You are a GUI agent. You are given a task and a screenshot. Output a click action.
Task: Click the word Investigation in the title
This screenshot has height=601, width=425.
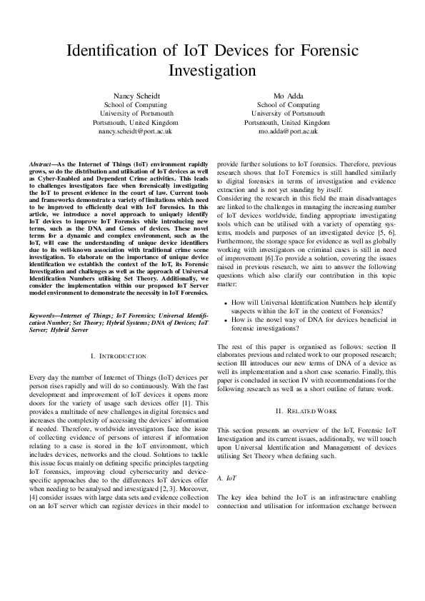pos(211,71)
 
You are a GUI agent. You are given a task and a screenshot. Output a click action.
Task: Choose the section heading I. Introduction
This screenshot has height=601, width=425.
pos(119,355)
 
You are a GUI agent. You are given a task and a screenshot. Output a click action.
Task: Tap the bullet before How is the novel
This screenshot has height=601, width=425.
pos(226,321)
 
